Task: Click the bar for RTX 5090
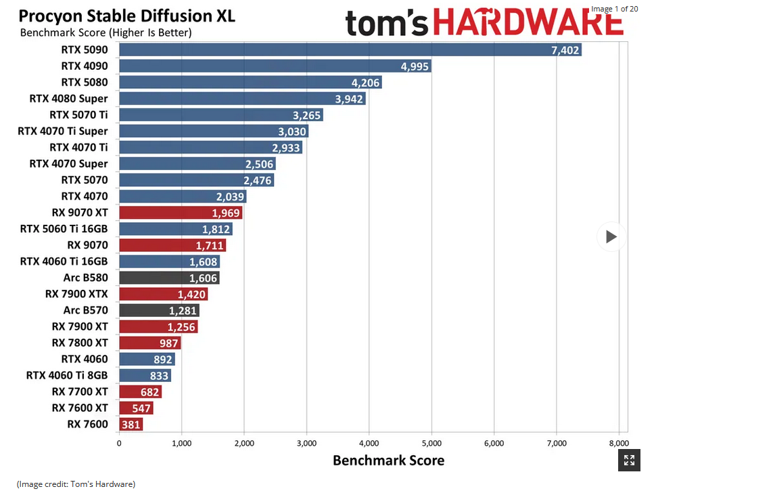[350, 49]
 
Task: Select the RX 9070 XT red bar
[181, 213]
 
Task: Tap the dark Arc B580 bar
[169, 278]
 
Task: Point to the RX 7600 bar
[131, 425]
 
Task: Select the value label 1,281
[183, 311]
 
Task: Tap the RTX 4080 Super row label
[68, 98]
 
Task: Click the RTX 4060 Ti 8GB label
[67, 375]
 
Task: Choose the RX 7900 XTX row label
[76, 294]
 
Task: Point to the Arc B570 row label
[85, 310]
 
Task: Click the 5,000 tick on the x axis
[431, 444]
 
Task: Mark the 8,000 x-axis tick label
[618, 444]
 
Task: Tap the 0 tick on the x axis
[119, 444]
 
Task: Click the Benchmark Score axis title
[388, 461]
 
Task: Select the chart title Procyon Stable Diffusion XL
[126, 16]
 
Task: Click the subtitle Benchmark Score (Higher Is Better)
[106, 33]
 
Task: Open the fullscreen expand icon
[629, 461]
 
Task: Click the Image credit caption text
[76, 484]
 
